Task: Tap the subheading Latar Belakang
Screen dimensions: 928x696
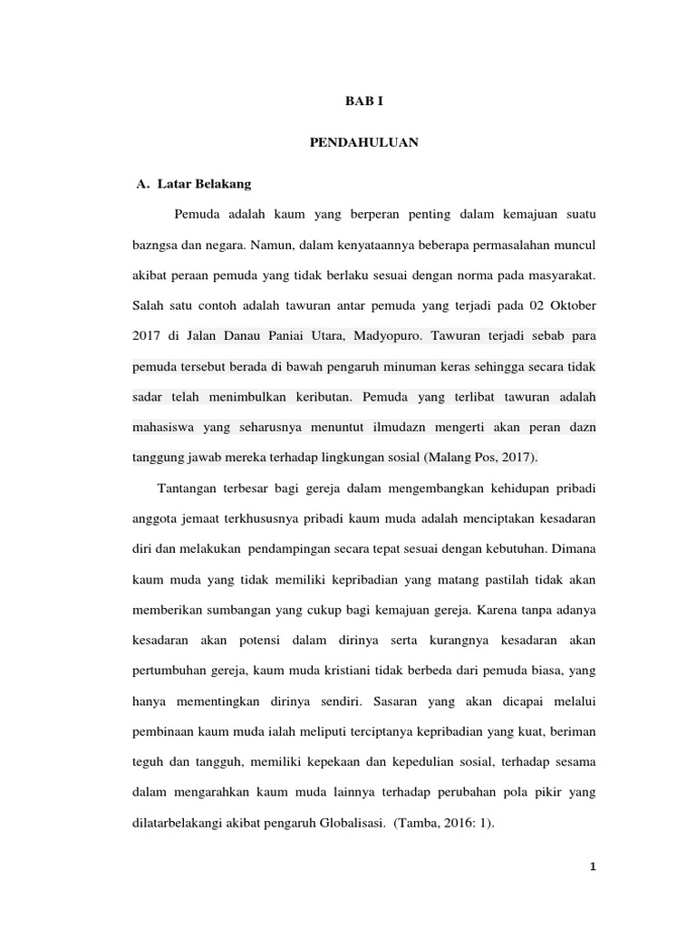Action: (x=204, y=183)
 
